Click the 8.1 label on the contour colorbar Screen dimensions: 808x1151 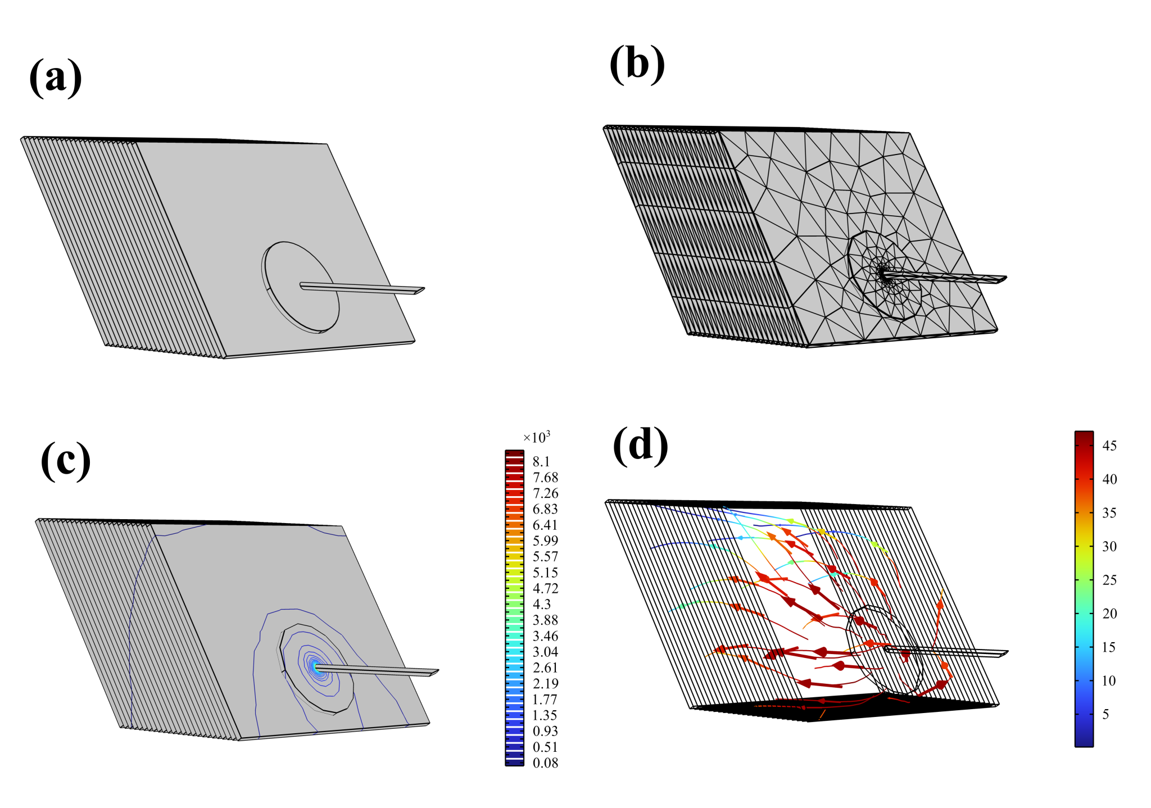click(x=541, y=461)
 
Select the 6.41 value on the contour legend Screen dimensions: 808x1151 click(x=545, y=525)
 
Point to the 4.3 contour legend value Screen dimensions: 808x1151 click(x=541, y=604)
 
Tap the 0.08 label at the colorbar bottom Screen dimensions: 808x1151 click(x=545, y=762)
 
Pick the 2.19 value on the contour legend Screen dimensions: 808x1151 click(x=545, y=683)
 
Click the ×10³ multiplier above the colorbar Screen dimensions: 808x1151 click(x=536, y=437)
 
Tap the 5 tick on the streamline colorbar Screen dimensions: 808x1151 click(x=1105, y=714)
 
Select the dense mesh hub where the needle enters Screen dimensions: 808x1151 click(x=883, y=274)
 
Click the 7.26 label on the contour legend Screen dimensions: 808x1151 click(x=545, y=493)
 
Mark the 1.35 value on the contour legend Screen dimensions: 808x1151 click(x=545, y=715)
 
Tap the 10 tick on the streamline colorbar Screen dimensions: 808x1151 click(x=1109, y=680)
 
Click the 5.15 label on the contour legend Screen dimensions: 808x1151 click(x=545, y=573)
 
